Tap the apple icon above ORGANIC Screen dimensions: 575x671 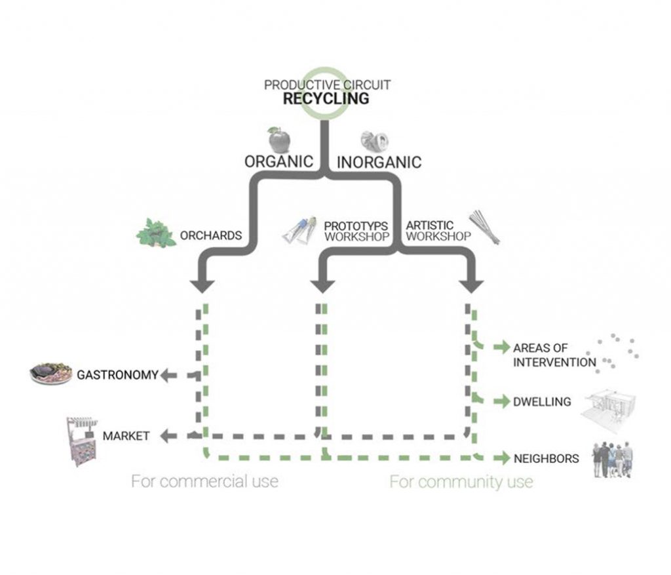[278, 140]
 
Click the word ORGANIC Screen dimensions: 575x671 [278, 161]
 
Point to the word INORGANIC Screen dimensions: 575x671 [379, 161]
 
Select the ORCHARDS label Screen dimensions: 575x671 [211, 235]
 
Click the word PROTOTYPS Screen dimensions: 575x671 [356, 226]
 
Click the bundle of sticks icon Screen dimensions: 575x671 [484, 227]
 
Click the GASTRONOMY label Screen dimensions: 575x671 [117, 375]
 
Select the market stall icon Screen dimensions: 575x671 [81, 439]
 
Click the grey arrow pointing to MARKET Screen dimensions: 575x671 [170, 435]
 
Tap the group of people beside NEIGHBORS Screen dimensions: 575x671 [613, 458]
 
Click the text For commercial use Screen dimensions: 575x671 [204, 481]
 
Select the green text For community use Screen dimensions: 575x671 [461, 483]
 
